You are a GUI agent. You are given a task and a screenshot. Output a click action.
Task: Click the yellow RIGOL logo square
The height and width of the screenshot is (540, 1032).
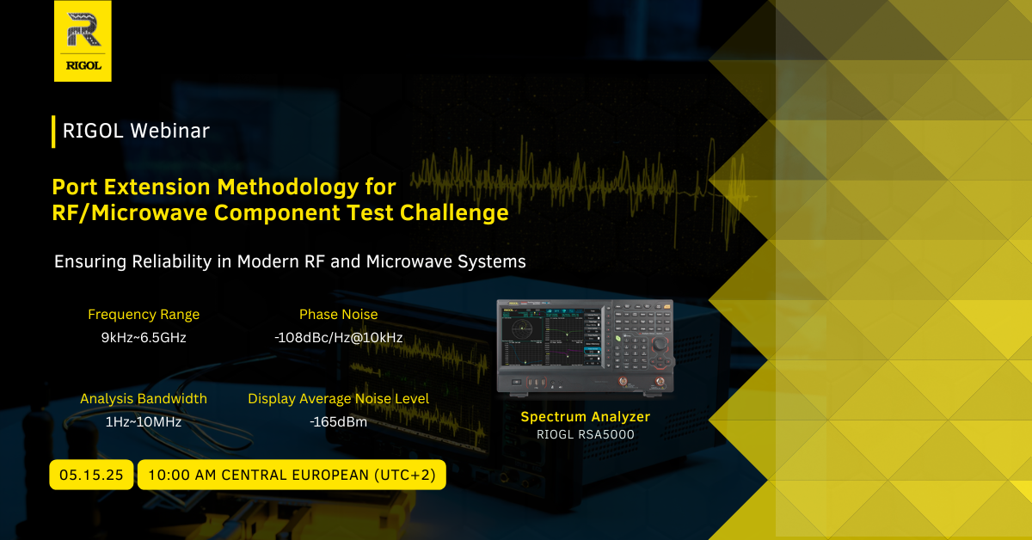(x=83, y=41)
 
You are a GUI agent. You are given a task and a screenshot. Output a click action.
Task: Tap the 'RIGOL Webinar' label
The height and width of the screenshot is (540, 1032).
(x=136, y=131)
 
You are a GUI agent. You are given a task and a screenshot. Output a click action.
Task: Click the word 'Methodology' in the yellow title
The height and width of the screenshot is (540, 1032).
(x=288, y=187)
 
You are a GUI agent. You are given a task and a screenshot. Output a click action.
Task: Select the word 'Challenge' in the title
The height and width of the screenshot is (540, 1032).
(x=454, y=213)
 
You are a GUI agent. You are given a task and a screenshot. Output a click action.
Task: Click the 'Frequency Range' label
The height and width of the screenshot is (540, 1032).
(x=144, y=314)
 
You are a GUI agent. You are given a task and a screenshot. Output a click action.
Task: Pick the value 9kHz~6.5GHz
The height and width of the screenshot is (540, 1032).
(x=144, y=338)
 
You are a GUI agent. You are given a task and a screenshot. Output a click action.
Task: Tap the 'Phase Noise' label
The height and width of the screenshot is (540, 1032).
(x=339, y=314)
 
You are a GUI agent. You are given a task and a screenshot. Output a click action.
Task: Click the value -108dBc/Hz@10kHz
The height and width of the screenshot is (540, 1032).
(x=339, y=338)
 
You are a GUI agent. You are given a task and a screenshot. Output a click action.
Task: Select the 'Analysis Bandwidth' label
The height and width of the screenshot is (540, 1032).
(x=144, y=398)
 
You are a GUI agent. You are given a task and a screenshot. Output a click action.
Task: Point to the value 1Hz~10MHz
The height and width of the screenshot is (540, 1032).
(x=144, y=422)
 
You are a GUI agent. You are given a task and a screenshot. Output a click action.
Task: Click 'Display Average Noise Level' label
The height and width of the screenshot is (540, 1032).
(x=339, y=398)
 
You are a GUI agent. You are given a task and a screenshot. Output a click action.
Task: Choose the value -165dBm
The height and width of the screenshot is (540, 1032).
(x=339, y=422)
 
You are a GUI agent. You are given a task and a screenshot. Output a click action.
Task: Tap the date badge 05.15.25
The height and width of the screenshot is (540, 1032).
(x=91, y=475)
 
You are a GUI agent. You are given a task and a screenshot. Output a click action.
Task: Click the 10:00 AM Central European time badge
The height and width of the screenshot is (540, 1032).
(x=292, y=475)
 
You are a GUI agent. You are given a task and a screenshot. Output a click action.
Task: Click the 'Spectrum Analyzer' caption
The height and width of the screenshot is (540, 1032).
(x=585, y=416)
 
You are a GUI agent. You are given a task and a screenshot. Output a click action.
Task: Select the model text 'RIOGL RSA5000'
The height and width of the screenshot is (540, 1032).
(x=585, y=434)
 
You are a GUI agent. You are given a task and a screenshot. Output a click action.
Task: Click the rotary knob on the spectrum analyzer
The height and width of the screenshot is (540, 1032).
(x=660, y=344)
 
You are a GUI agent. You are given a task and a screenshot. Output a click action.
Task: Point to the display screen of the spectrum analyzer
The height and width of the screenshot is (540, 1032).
(x=551, y=337)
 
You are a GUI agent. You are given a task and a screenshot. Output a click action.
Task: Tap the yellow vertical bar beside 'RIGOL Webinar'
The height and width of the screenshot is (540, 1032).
(x=53, y=132)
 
